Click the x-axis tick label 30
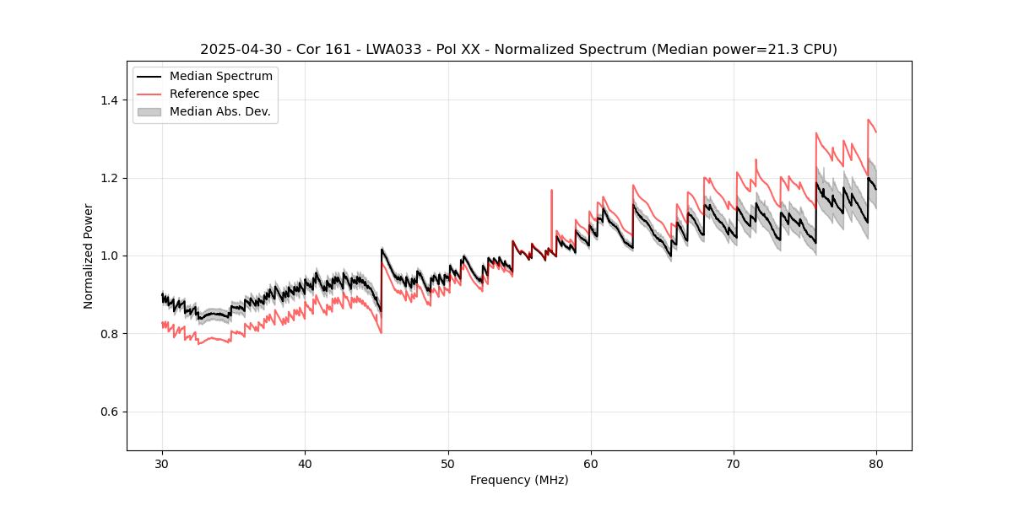[x=162, y=463]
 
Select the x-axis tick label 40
[x=305, y=463]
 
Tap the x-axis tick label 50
[x=447, y=463]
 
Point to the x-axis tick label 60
[x=591, y=463]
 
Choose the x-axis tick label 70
[x=734, y=463]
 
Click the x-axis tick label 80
[x=876, y=463]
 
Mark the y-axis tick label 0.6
[x=109, y=412]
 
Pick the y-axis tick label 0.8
[x=109, y=334]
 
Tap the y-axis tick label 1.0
[x=109, y=256]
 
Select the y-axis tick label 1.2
[x=109, y=178]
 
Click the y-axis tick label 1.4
[x=109, y=100]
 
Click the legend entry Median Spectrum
[x=220, y=77]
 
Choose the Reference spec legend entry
[x=214, y=94]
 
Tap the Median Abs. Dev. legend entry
[x=219, y=111]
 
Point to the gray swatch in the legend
[x=149, y=111]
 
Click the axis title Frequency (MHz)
[x=519, y=480]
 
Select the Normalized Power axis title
[x=88, y=256]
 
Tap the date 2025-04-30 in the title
[x=238, y=50]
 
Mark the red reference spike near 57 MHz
[x=552, y=191]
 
